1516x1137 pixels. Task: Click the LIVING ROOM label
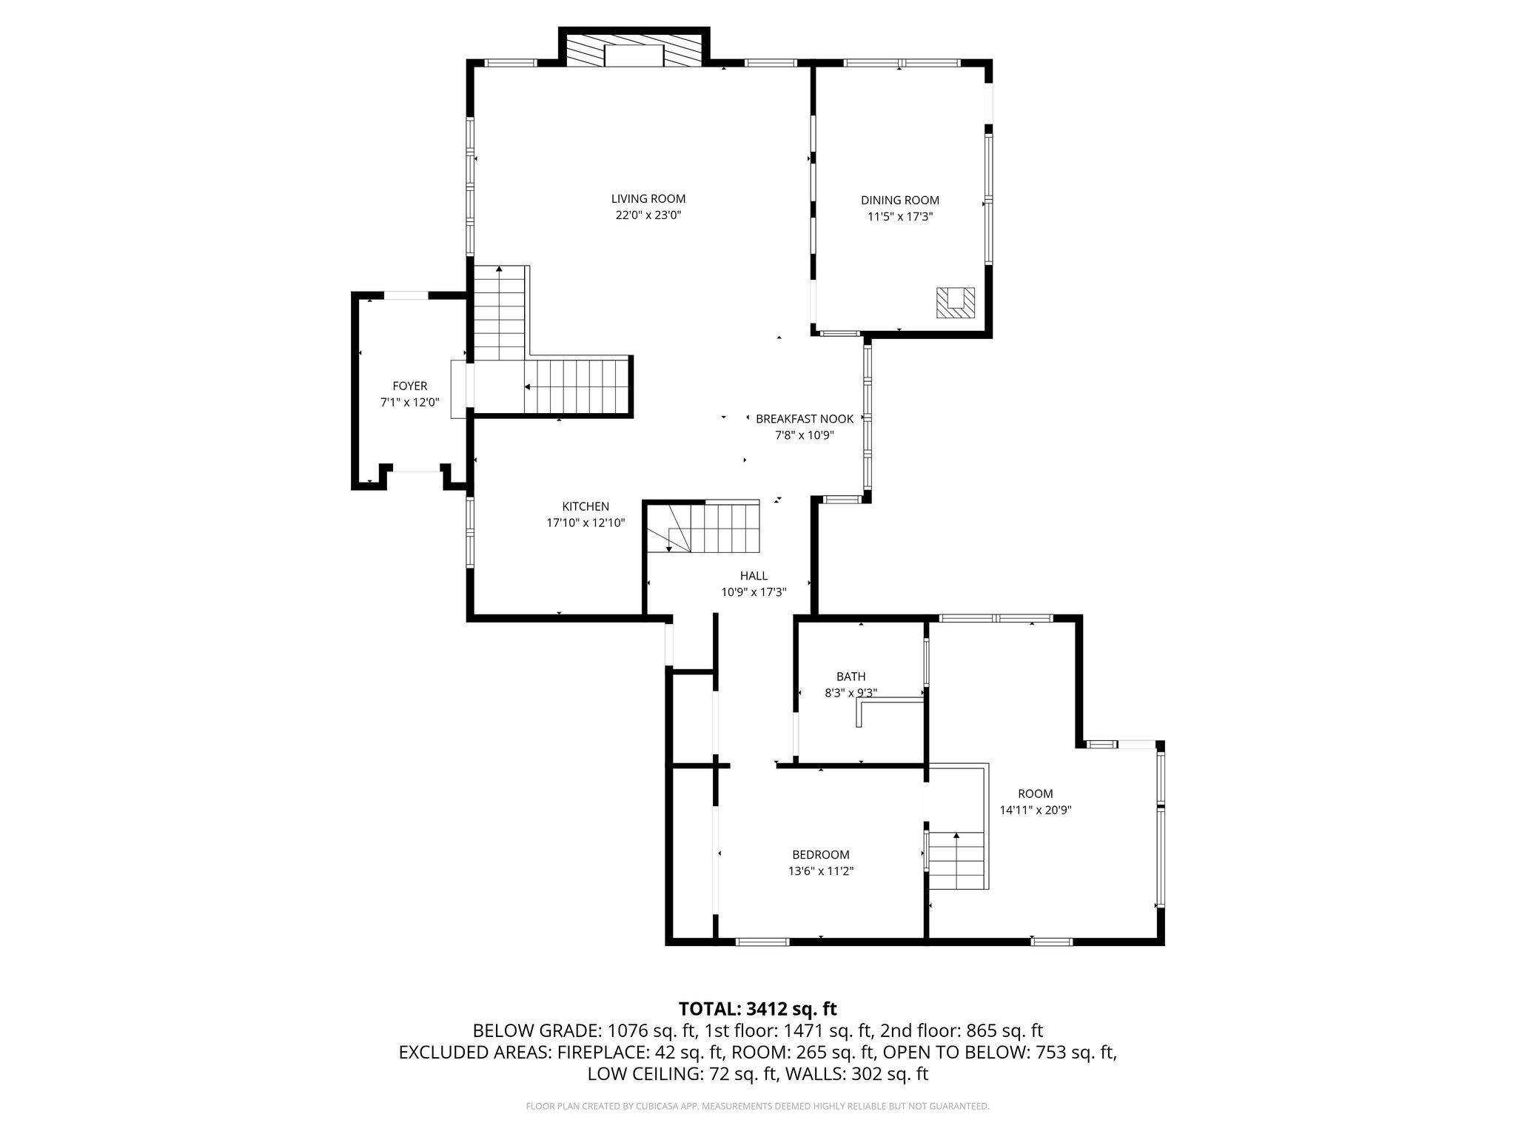(648, 199)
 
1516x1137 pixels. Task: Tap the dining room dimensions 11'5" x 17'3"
(899, 217)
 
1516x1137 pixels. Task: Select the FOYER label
(409, 386)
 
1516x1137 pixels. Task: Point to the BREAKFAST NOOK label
(805, 419)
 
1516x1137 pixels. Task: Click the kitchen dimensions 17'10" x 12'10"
(586, 523)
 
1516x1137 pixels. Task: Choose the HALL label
(754, 576)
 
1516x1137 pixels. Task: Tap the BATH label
(851, 677)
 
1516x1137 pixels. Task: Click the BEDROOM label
(821, 855)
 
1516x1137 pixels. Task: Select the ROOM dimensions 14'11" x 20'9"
(1036, 811)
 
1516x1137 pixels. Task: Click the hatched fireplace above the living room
(634, 50)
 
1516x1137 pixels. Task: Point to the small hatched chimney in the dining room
(955, 303)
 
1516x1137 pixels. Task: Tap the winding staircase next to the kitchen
(703, 528)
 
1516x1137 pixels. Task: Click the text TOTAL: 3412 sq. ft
(757, 1009)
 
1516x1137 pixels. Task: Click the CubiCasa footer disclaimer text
(757, 1107)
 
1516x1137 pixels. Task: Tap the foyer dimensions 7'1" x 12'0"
(409, 403)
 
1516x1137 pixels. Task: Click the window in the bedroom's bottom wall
(762, 942)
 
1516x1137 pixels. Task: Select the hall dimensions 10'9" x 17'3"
(754, 592)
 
